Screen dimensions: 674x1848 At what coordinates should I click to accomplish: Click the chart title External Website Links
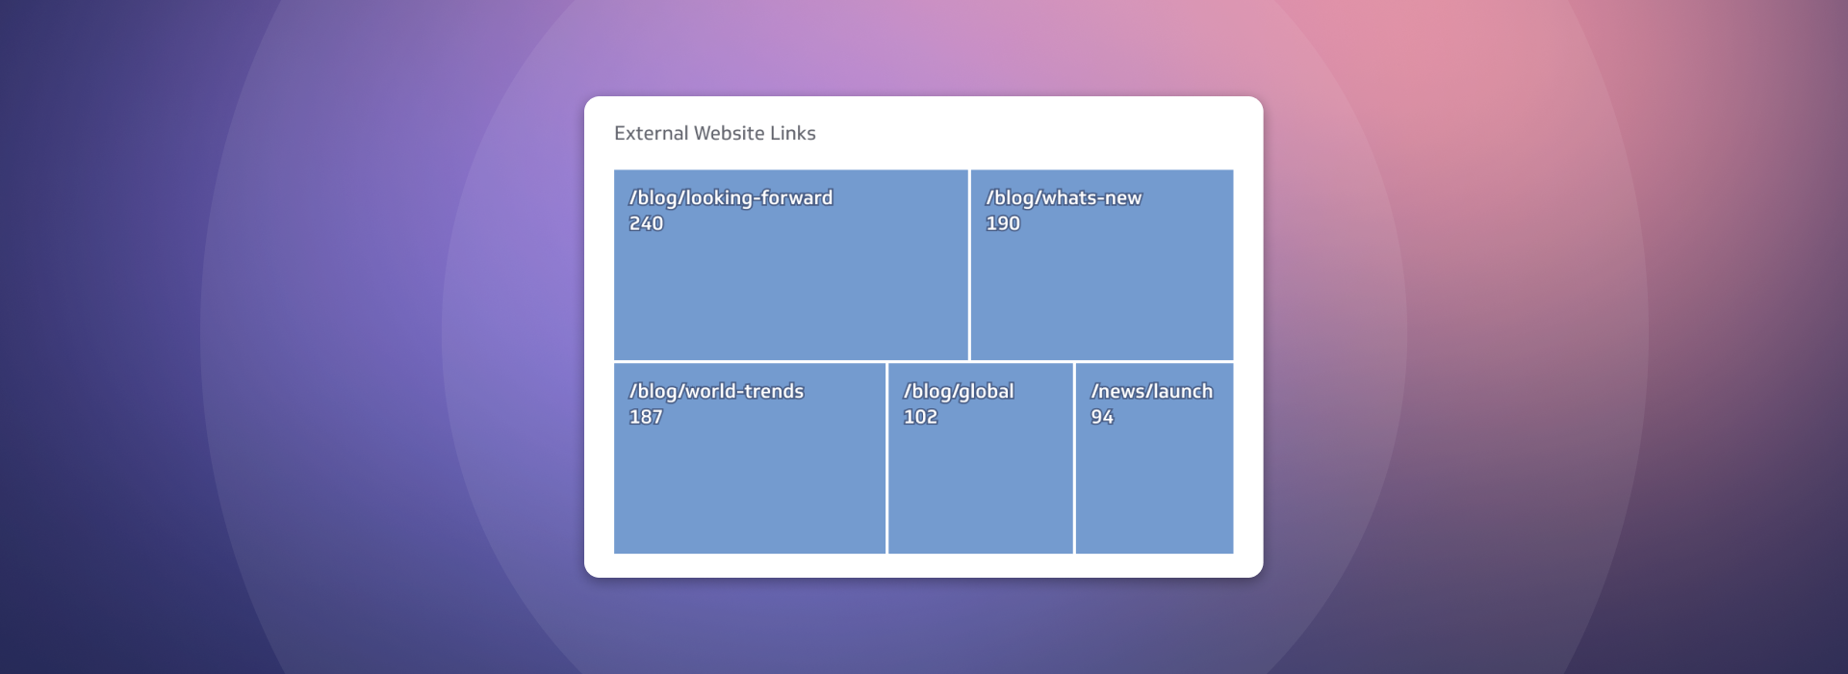coord(714,134)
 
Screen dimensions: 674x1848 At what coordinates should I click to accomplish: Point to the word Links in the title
coord(792,134)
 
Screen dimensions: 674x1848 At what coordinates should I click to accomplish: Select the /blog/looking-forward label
coord(731,198)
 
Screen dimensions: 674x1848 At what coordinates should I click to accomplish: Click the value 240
coord(646,223)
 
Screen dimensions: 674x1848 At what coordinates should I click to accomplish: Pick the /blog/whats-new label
coord(1063,198)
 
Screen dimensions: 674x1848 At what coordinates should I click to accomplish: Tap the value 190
coord(1002,223)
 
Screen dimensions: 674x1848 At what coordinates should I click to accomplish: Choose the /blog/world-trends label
coord(716,392)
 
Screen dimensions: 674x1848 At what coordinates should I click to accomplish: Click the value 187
coord(645,417)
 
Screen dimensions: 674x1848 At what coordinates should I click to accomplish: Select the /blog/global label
coord(958,392)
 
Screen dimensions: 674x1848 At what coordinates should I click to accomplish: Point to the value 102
coord(919,417)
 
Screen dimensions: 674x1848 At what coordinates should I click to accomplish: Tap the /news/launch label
coord(1151,392)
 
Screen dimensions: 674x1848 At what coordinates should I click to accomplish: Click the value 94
coord(1101,417)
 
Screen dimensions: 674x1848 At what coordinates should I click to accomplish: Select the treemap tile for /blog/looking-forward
coord(790,289)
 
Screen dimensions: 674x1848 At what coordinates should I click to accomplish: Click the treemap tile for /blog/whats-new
coord(1101,289)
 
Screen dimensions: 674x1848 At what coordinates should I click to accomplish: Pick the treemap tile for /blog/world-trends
coord(749,481)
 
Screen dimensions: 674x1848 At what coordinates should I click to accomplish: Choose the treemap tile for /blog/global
coord(980,481)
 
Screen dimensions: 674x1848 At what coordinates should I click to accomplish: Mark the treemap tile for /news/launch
coord(1154,481)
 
